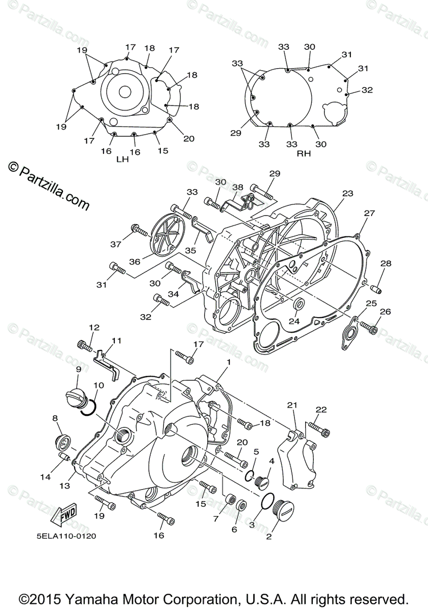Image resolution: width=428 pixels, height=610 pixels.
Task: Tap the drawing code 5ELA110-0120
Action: [66, 535]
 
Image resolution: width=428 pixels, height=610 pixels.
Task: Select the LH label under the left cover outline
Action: [122, 159]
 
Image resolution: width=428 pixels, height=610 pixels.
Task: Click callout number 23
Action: [347, 194]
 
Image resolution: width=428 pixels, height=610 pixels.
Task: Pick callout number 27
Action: [369, 213]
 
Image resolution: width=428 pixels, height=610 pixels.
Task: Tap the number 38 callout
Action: [238, 187]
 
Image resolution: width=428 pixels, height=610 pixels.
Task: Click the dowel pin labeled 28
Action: [377, 289]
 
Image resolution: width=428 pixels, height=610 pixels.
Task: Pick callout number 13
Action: [63, 485]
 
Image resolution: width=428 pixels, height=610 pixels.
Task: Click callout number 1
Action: [229, 362]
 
